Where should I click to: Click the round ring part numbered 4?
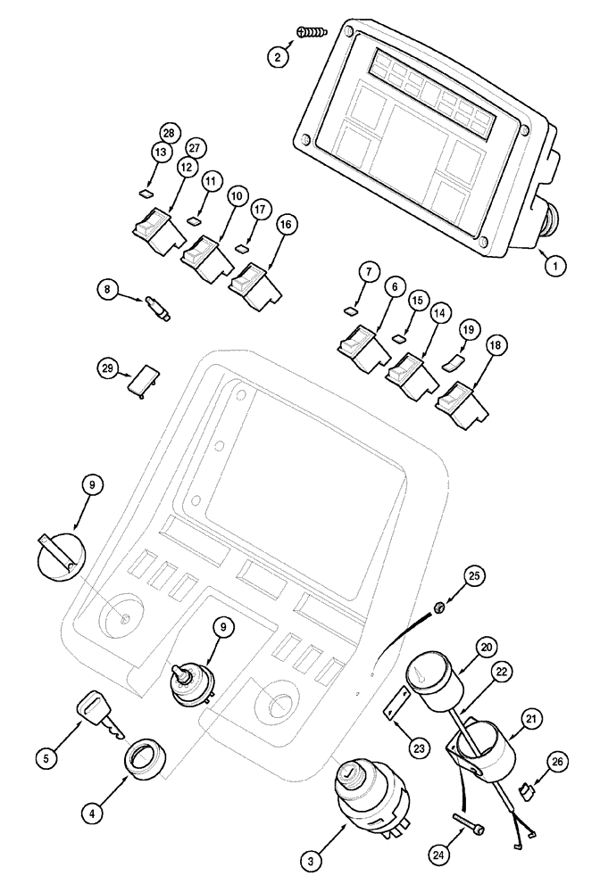[142, 759]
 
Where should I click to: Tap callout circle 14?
[439, 314]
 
